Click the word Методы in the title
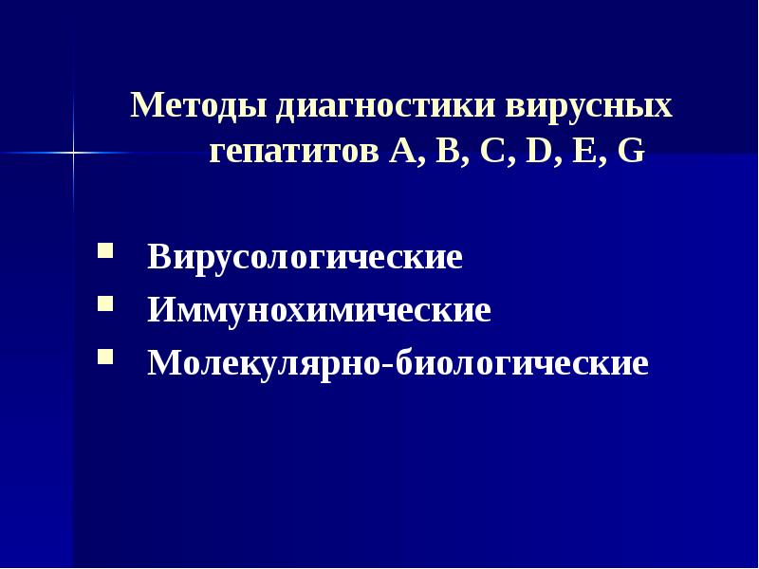[199, 104]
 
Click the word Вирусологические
[305, 258]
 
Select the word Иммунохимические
[319, 311]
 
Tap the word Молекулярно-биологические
[398, 364]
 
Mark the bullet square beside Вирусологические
[103, 253]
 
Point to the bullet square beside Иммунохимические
[103, 306]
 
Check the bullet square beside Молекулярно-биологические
[103, 358]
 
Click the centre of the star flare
[73, 152]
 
